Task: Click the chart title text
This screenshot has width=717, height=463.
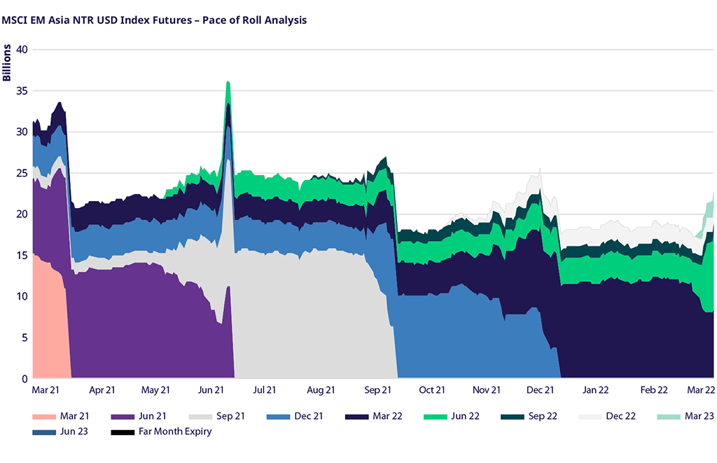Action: click(155, 20)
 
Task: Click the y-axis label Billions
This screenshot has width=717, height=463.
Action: click(7, 62)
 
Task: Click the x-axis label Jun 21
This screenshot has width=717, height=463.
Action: click(211, 390)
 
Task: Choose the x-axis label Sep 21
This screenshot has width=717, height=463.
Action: click(377, 390)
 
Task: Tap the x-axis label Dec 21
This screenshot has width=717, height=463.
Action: click(540, 390)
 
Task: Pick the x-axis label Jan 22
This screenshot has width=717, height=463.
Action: click(595, 390)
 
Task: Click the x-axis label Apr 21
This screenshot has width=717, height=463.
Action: click(102, 390)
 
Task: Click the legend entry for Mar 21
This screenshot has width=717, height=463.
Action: click(73, 416)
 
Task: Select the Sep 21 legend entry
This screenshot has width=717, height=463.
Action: click(230, 416)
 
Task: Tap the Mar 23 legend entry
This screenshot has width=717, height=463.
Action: click(698, 416)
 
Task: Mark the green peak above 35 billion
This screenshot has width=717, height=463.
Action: click(228, 87)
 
